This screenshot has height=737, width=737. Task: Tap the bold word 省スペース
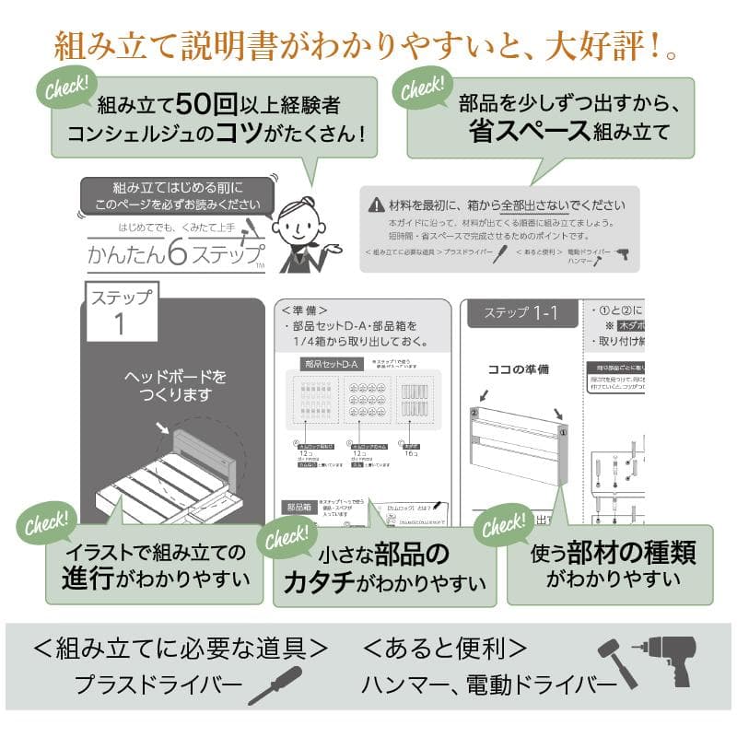pos(530,130)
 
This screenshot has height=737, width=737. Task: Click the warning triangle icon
pos(376,205)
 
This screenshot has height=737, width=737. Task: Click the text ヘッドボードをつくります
pos(175,386)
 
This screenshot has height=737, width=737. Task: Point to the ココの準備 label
pos(518,369)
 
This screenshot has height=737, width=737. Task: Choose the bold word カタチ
pos(318,582)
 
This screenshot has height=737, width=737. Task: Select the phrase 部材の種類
pos(631,552)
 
